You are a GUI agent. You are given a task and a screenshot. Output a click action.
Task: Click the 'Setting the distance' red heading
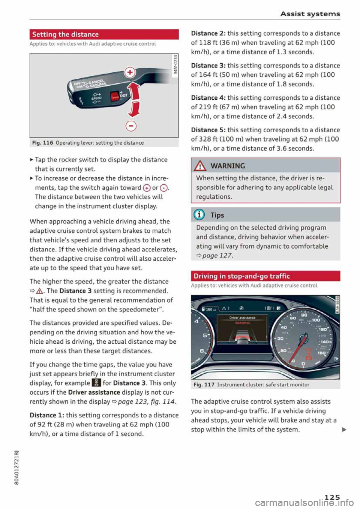click(66, 34)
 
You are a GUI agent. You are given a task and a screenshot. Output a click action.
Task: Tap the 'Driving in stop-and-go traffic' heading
click(242, 276)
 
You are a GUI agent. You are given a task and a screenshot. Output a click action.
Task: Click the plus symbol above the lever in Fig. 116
click(130, 72)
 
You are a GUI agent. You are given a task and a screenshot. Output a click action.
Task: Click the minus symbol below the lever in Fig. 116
click(131, 126)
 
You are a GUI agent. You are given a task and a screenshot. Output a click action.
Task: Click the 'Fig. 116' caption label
click(42, 143)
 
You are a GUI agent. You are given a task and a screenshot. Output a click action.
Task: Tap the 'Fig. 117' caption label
click(204, 385)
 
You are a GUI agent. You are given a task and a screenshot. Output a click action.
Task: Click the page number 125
click(332, 497)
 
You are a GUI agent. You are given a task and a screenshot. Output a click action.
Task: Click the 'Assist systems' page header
click(310, 14)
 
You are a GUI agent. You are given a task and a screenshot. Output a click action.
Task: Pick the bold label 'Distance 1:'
click(47, 415)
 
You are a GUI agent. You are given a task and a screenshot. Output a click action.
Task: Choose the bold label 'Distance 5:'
click(208, 130)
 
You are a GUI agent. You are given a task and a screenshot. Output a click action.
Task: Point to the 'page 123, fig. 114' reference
click(146, 402)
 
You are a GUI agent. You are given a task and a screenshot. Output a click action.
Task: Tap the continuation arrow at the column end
click(344, 430)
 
